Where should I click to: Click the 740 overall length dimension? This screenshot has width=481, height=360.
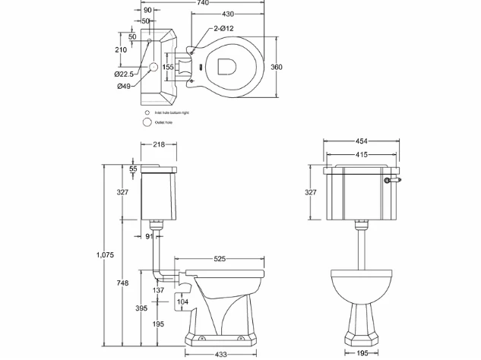(x=201, y=4)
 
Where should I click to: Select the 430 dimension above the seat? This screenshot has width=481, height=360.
(x=227, y=15)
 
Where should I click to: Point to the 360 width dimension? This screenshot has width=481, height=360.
(x=277, y=68)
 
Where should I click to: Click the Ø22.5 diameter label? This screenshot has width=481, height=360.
(x=125, y=74)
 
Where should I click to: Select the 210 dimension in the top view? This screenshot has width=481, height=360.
(x=122, y=49)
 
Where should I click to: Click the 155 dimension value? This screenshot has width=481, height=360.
(x=168, y=68)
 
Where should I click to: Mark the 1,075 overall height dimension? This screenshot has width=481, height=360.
(x=106, y=255)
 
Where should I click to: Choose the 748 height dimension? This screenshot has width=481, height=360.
(x=122, y=283)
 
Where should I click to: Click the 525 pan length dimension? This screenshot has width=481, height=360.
(x=219, y=259)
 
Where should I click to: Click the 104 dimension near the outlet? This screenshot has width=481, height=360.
(x=182, y=302)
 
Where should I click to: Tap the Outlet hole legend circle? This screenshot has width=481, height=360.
(x=147, y=121)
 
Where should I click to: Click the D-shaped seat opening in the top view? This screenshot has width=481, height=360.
(x=227, y=68)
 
